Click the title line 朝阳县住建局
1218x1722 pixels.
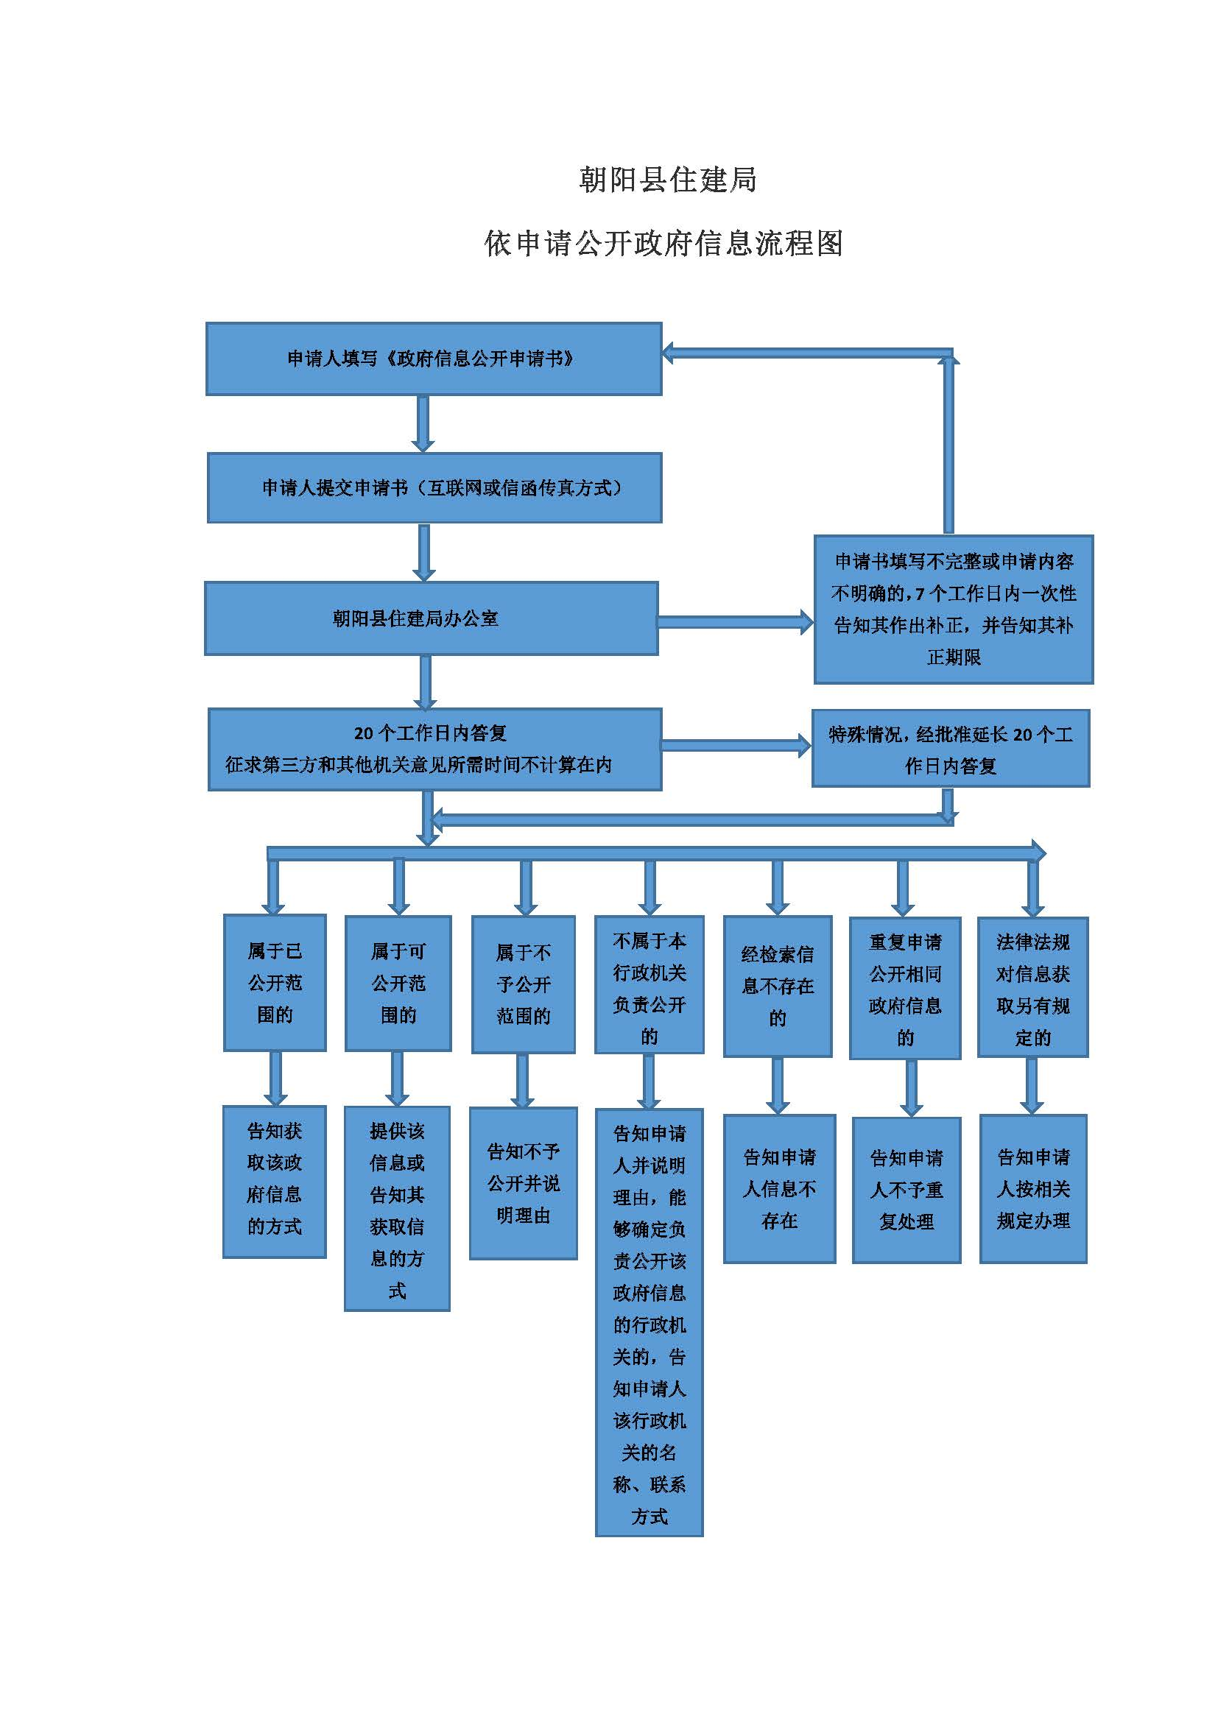click(x=667, y=180)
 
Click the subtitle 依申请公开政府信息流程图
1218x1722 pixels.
click(x=663, y=243)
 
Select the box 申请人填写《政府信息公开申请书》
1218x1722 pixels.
click(x=434, y=359)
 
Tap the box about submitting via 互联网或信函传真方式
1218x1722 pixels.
click(x=434, y=487)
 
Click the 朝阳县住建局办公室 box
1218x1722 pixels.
click(x=432, y=618)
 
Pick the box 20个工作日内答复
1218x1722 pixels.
click(x=434, y=749)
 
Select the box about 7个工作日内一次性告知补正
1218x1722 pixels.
click(x=953, y=609)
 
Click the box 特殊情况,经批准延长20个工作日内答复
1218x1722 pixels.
click(x=950, y=749)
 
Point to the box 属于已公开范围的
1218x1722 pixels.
click(x=275, y=983)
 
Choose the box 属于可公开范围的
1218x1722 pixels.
click(x=398, y=984)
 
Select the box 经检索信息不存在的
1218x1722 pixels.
click(x=778, y=987)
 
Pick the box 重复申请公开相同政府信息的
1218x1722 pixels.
click(x=905, y=989)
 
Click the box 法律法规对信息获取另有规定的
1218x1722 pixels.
click(x=1032, y=987)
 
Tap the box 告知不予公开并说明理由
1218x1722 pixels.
click(x=524, y=1184)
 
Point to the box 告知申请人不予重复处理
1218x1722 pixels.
click(x=906, y=1190)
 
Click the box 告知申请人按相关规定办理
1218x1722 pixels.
click(x=1032, y=1189)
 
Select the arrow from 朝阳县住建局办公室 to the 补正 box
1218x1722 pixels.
click(x=736, y=622)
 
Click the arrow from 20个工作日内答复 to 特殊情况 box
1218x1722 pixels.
click(x=736, y=745)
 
